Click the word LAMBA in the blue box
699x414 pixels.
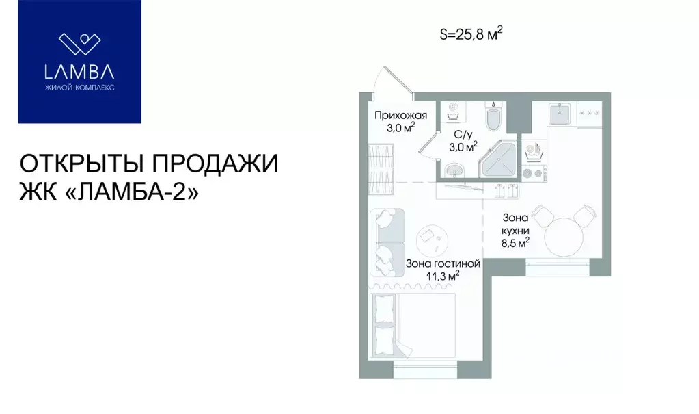pos(79,73)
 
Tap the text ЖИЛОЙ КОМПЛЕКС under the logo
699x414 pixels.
pos(79,89)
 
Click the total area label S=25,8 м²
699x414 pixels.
pos(475,34)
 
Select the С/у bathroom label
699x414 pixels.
pos(461,135)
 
